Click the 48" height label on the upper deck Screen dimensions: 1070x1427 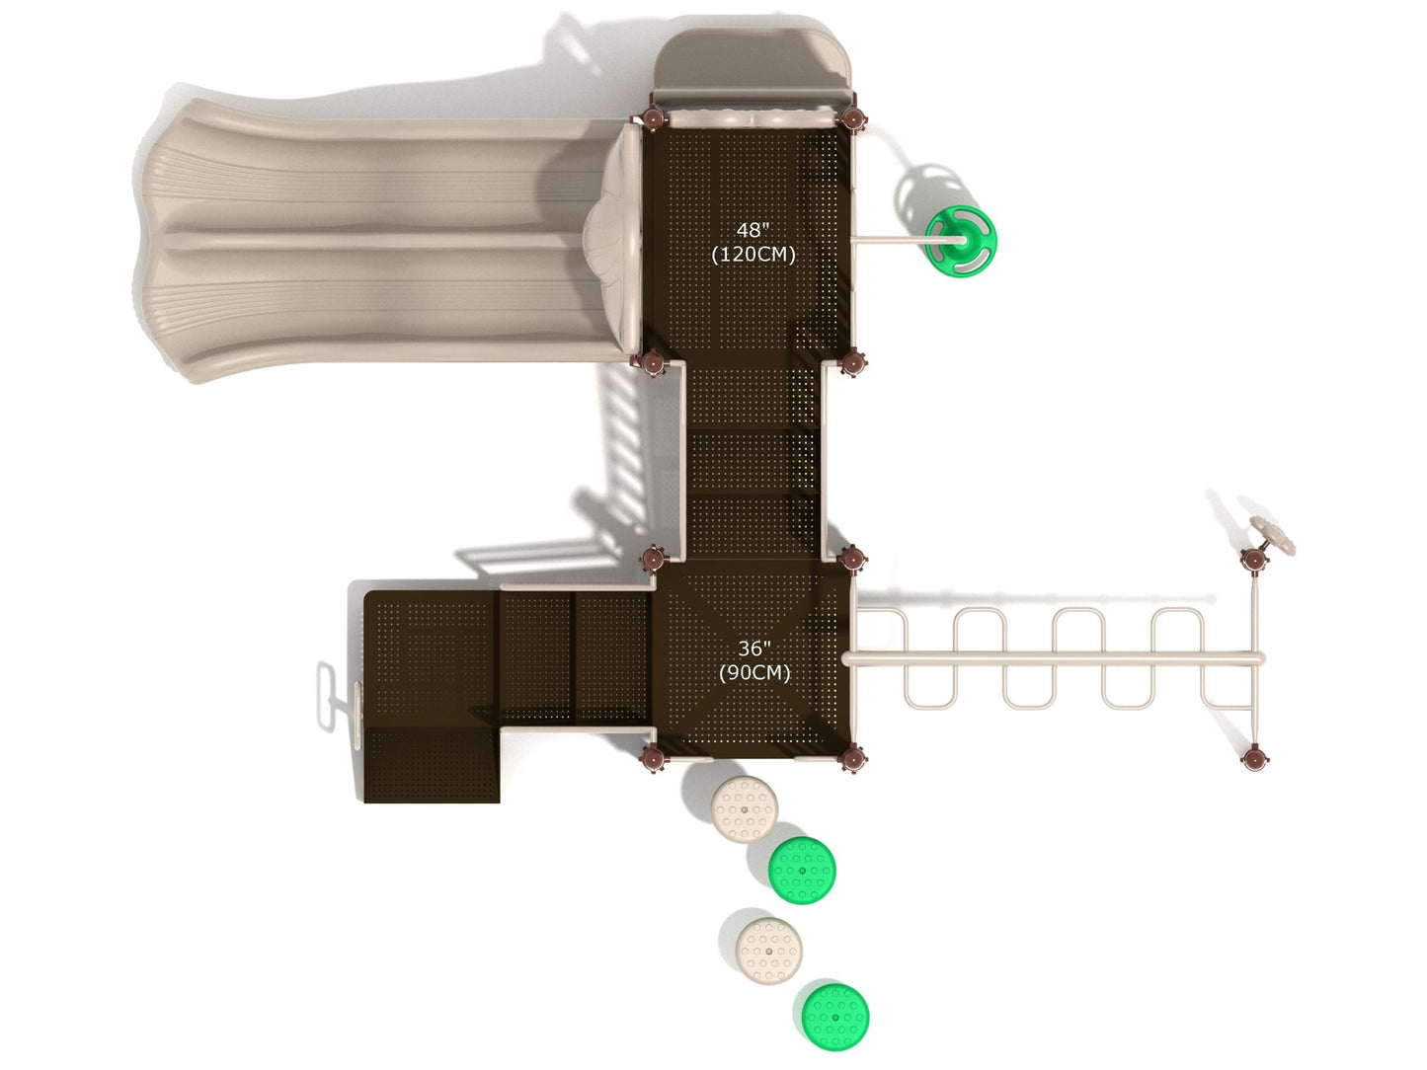tap(752, 230)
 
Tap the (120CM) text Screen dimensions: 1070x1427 tap(753, 254)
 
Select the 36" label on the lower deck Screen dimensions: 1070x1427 tap(753, 649)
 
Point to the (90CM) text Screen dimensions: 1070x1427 tap(753, 672)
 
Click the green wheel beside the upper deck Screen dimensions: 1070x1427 tap(961, 238)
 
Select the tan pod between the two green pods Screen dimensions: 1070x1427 tap(769, 951)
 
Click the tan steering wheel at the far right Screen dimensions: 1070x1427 tap(1274, 534)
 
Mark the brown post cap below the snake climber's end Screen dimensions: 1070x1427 tap(1254, 758)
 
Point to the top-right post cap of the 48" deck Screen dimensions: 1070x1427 tap(853, 117)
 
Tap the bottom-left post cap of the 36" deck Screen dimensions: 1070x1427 tap(653, 758)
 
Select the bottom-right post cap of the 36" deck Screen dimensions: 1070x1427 tap(853, 758)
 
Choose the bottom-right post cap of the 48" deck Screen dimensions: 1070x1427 tap(853, 363)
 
